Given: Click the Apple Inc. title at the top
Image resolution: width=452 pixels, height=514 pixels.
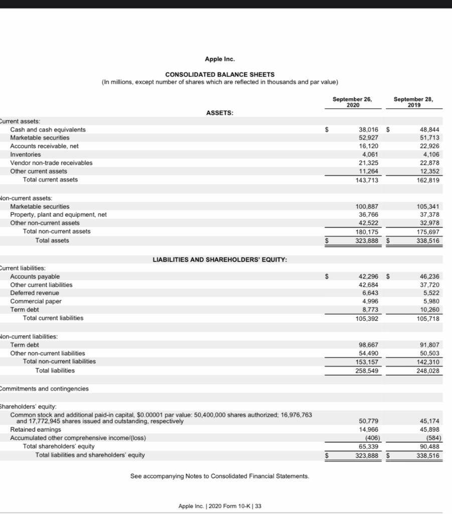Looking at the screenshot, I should [x=220, y=59].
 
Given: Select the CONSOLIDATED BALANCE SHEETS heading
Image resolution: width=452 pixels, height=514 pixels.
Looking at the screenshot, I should [x=220, y=74].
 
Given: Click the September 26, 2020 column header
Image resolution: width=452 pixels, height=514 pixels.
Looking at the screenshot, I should [x=352, y=102].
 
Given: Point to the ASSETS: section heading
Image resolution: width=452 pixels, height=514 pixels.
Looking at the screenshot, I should [x=219, y=113].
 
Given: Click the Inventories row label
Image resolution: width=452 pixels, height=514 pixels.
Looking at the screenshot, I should [x=26, y=154].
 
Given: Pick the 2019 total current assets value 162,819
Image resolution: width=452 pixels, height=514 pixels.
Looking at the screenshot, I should [x=428, y=180].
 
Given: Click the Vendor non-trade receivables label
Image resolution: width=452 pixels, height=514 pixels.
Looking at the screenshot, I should [x=51, y=163].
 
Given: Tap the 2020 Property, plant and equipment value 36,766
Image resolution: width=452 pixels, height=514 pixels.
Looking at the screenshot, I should [x=368, y=214].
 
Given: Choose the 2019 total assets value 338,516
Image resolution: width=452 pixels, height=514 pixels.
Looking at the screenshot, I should [x=428, y=241].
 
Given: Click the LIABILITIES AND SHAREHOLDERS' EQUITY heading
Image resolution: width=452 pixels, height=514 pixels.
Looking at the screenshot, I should [x=220, y=260].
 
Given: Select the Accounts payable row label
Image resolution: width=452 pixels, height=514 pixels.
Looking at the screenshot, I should [x=35, y=277].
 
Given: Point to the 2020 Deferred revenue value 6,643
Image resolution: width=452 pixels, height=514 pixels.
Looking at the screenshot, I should [x=370, y=293].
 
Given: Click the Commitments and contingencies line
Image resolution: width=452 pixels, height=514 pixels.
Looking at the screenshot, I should [x=44, y=389].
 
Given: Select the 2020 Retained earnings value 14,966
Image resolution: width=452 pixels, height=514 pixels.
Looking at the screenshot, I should [x=368, y=429].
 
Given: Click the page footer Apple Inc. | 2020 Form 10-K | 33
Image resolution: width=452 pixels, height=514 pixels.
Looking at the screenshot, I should [x=220, y=506].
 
